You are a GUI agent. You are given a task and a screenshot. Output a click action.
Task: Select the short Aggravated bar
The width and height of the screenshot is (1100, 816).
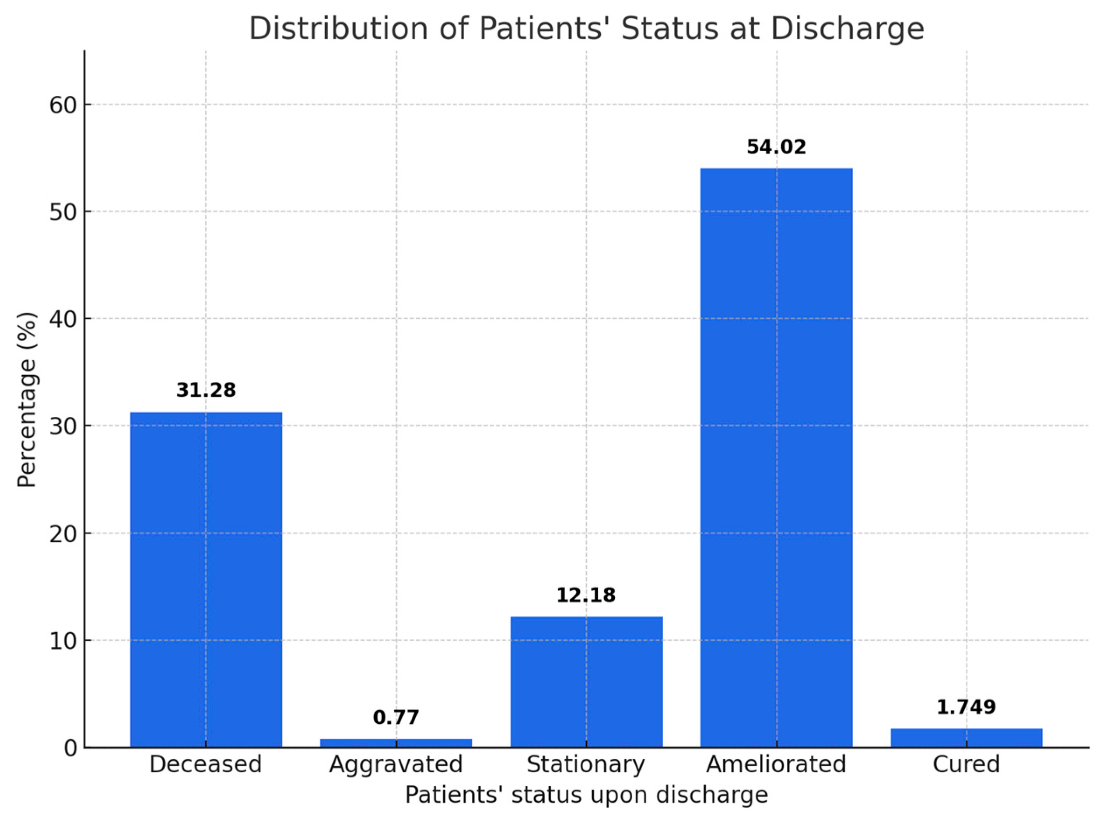pos(396,743)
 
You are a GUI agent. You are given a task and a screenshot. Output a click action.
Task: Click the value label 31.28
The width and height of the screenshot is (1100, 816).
pos(206,390)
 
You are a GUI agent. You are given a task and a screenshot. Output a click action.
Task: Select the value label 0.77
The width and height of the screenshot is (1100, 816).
pos(396,717)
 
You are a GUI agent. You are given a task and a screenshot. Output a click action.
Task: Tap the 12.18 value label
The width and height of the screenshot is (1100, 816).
pos(586,595)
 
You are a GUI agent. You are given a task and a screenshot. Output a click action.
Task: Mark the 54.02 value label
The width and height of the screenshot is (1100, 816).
pos(776,146)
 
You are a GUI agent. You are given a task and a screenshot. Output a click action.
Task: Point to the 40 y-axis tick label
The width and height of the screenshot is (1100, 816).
pos(63,319)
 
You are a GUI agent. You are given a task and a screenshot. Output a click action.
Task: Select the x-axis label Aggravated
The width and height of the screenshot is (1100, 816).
pos(396,764)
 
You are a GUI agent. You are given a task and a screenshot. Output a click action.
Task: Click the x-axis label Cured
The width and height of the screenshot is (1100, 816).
pos(966,764)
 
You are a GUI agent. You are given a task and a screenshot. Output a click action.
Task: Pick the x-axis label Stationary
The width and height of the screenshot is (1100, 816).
pos(586,764)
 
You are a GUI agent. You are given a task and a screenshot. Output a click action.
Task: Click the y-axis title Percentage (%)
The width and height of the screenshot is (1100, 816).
pos(27,400)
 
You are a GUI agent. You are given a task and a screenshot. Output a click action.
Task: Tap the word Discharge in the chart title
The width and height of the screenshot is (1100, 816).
pos(847,29)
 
